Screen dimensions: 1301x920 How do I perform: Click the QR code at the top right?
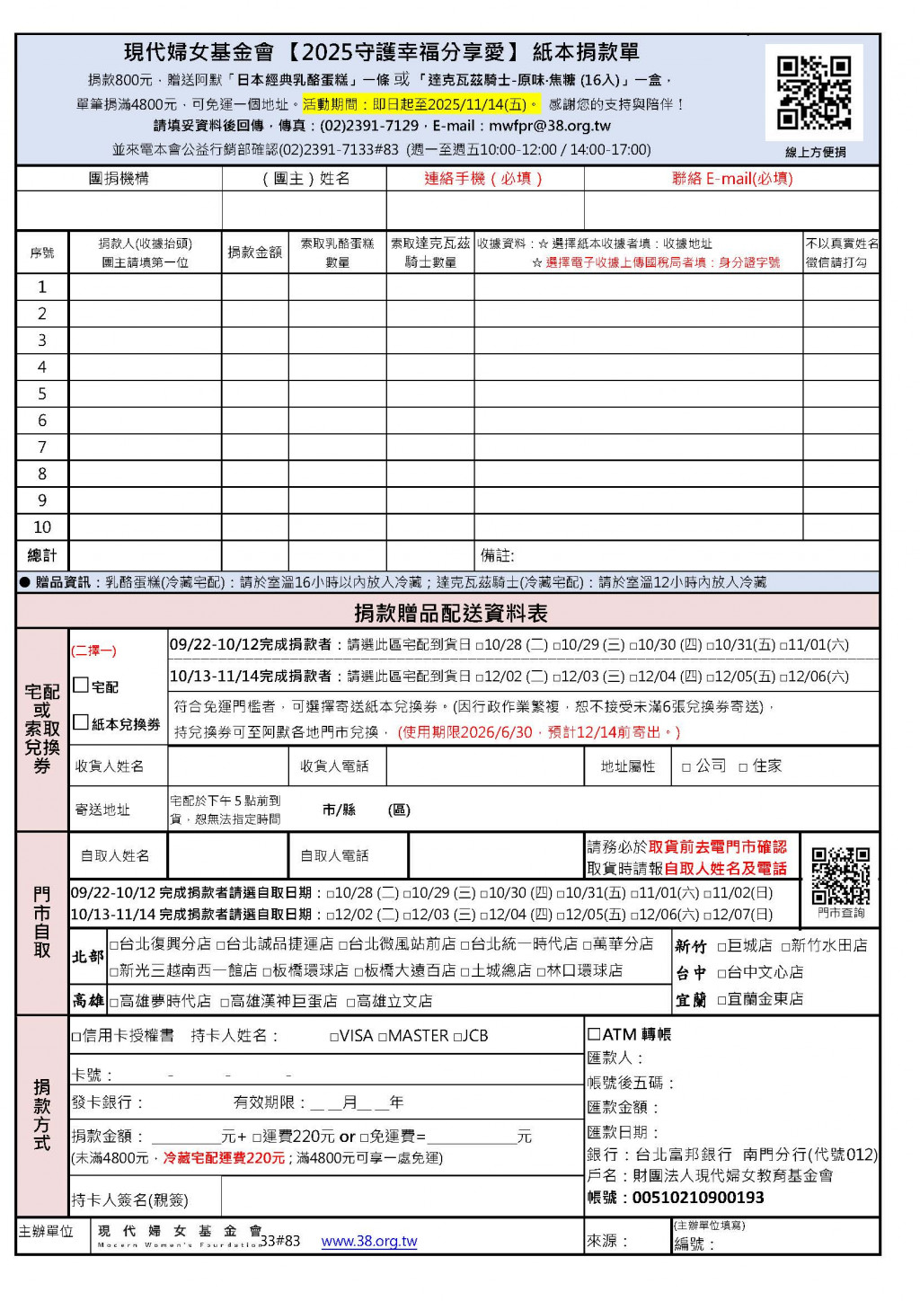click(x=814, y=93)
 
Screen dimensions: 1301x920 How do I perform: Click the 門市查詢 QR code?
click(x=841, y=875)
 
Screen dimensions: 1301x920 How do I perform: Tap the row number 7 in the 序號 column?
click(x=42, y=447)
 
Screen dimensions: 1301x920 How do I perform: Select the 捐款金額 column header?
click(x=254, y=252)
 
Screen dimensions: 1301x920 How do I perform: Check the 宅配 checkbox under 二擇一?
click(x=81, y=686)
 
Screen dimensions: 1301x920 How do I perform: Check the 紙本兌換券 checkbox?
click(x=81, y=722)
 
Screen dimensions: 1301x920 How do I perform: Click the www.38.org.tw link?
click(x=369, y=1241)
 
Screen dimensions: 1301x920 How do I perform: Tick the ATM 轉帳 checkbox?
click(x=594, y=1034)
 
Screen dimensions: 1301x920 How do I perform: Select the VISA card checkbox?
click(x=334, y=1037)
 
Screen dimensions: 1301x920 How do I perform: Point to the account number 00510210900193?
click(x=698, y=1198)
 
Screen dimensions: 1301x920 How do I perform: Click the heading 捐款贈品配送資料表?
click(x=451, y=613)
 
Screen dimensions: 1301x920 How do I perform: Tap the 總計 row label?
click(x=42, y=555)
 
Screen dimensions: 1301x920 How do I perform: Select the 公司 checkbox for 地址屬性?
click(x=686, y=767)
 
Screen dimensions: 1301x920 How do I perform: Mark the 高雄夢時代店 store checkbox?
click(x=114, y=1002)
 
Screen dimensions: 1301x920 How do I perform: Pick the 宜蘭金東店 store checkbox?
click(x=721, y=1000)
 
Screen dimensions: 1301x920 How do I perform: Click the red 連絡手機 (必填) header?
click(x=483, y=179)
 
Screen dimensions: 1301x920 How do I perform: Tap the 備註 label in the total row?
click(x=497, y=556)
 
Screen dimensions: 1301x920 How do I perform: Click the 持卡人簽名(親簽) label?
click(x=130, y=1200)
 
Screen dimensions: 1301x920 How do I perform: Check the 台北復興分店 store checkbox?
click(x=114, y=945)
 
